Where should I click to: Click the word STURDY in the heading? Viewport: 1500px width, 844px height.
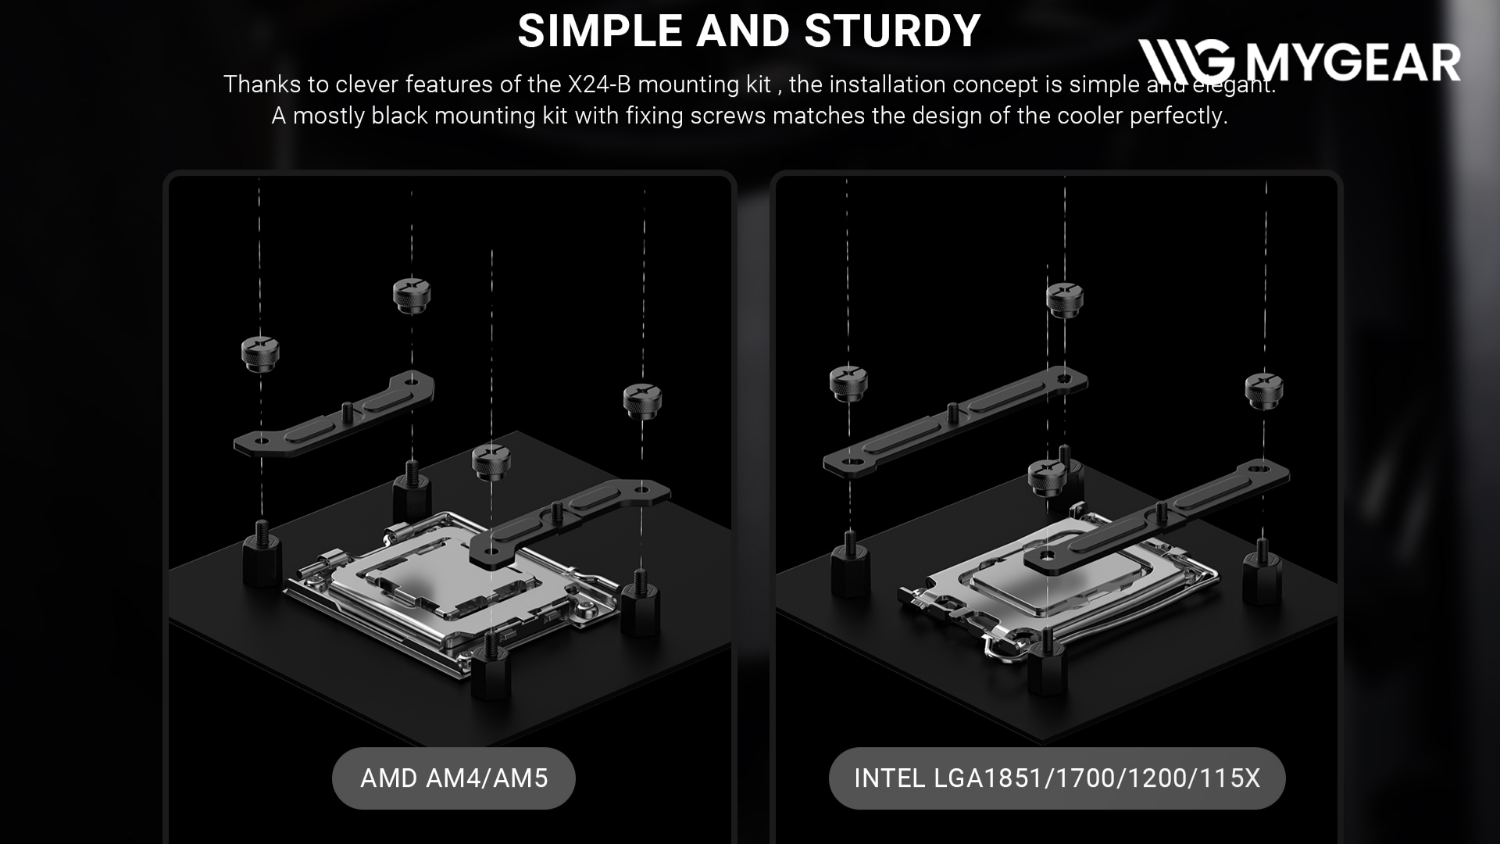tap(892, 31)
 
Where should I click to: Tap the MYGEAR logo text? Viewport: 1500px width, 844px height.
tap(1352, 63)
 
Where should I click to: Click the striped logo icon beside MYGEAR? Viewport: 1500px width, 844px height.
tap(1185, 62)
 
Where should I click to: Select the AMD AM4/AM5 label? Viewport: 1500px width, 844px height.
tap(454, 778)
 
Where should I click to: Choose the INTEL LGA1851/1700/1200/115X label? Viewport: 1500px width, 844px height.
tap(1056, 778)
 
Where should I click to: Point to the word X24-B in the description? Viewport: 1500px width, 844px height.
tap(598, 84)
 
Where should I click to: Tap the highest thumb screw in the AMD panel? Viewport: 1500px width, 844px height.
tap(412, 295)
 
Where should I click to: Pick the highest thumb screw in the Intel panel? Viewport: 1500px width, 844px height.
tap(1064, 299)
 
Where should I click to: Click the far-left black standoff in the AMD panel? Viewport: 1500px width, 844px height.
tap(261, 556)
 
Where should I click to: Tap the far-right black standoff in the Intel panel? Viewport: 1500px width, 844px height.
tap(1262, 577)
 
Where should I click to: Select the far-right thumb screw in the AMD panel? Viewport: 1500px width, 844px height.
tap(642, 400)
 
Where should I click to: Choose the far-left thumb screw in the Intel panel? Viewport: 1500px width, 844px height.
tap(848, 382)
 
